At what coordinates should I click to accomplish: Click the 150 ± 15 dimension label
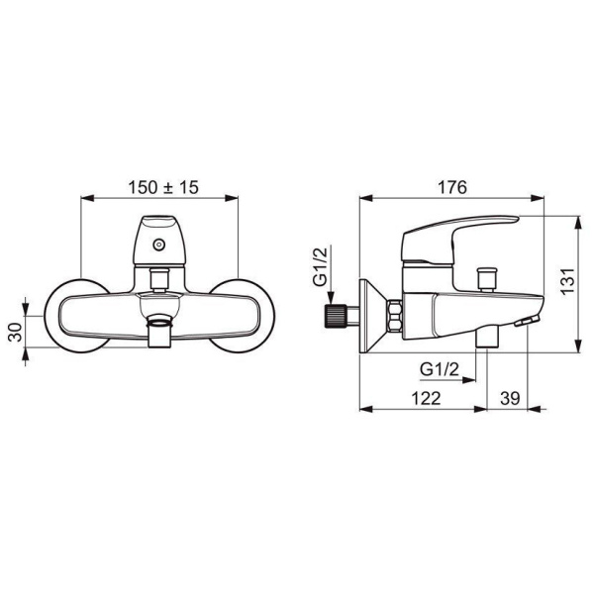(x=163, y=187)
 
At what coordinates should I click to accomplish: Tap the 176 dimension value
(x=452, y=187)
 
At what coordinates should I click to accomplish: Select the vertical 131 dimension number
(x=567, y=281)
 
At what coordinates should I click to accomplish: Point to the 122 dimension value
(x=426, y=398)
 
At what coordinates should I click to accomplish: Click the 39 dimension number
(x=510, y=398)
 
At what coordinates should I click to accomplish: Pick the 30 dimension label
(x=16, y=332)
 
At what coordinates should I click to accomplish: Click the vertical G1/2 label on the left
(x=320, y=266)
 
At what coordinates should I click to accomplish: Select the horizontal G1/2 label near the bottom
(x=440, y=368)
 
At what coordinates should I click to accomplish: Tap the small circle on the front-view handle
(x=159, y=245)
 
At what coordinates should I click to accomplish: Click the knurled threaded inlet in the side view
(x=336, y=316)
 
